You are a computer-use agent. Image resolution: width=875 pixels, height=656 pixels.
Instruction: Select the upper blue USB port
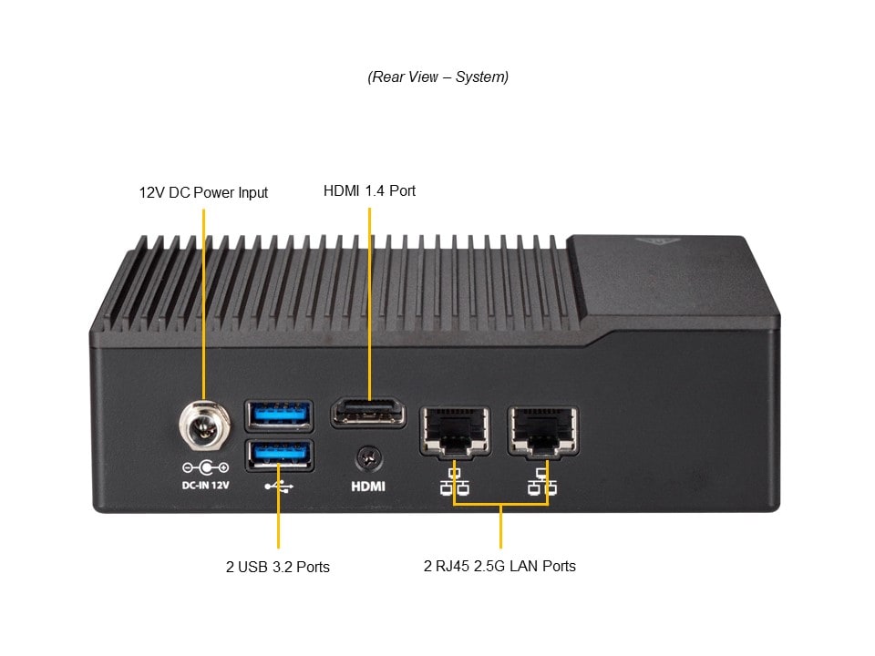(x=279, y=415)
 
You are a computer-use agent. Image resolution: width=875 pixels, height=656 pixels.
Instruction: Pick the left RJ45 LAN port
(x=454, y=430)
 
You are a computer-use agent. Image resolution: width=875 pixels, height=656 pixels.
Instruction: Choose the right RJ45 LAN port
(x=543, y=430)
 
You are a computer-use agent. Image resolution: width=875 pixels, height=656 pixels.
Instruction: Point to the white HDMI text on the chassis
(x=368, y=487)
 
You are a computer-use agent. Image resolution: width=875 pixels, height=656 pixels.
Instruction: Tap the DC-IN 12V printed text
(x=205, y=485)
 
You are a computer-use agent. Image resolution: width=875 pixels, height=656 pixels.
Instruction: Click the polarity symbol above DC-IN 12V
(x=205, y=468)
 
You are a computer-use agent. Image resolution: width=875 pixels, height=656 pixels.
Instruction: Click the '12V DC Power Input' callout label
(x=203, y=193)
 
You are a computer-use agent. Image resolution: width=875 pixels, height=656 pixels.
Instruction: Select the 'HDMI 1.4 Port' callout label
(x=369, y=191)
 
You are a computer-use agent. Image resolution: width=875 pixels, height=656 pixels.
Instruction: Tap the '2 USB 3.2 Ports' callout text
(x=278, y=567)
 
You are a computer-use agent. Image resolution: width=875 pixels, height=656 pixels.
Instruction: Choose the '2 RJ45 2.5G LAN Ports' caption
(x=499, y=566)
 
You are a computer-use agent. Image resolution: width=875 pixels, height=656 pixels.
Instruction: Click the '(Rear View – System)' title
(x=437, y=77)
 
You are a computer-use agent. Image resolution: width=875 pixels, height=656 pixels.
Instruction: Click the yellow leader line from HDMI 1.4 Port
(x=369, y=301)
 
